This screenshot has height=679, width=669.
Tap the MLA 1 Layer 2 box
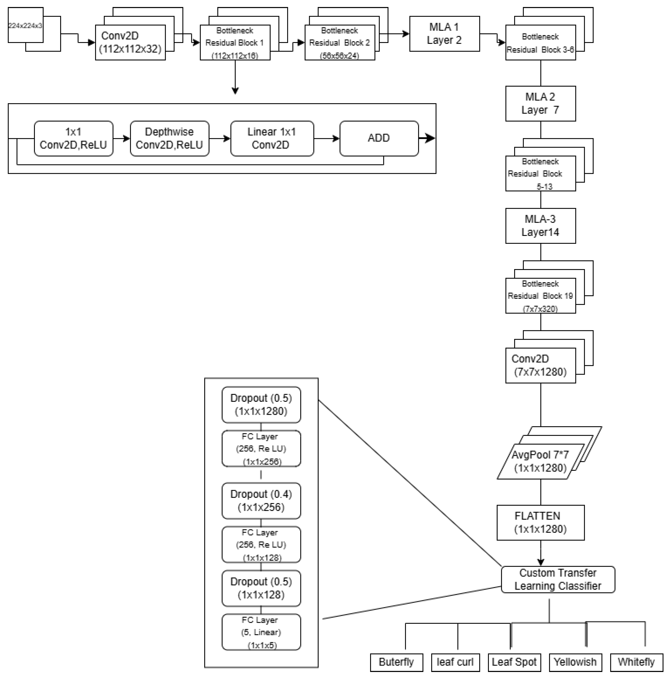(445, 34)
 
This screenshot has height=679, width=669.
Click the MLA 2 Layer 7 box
(540, 104)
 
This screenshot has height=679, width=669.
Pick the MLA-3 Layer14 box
(540, 226)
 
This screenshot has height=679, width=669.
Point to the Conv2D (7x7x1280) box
(540, 365)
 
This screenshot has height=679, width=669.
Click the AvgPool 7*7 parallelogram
(540, 461)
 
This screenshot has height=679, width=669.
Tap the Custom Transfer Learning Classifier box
(558, 579)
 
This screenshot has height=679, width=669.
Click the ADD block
(379, 138)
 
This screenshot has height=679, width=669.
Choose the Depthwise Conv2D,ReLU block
(169, 138)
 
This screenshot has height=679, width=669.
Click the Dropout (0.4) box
(261, 501)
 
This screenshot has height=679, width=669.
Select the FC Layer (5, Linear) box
(261, 632)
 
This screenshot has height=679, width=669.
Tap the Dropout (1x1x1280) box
(261, 405)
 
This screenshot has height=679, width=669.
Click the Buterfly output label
(396, 662)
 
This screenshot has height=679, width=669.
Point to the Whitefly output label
(636, 662)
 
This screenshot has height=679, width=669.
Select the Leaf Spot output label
(514, 662)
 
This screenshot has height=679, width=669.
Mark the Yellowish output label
(575, 662)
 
